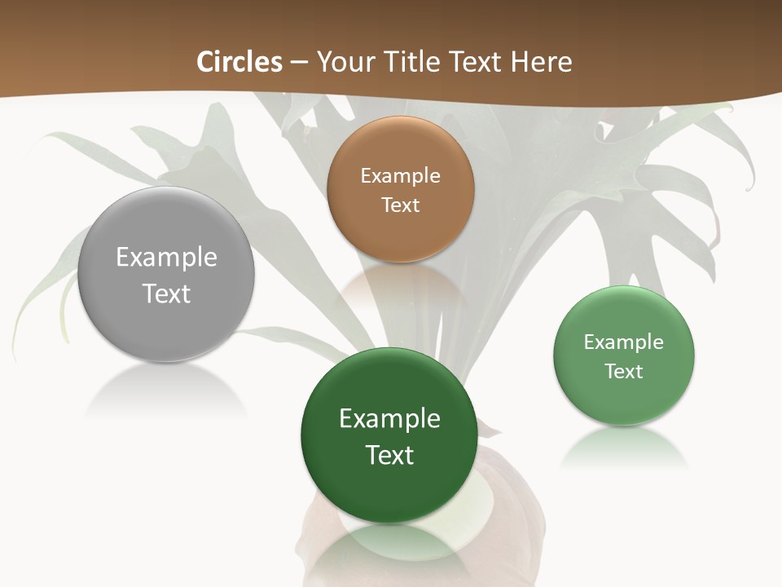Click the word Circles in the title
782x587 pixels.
click(x=239, y=62)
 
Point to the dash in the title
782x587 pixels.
click(x=299, y=63)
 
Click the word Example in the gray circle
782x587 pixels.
click(x=166, y=257)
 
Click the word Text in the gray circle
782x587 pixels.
click(x=166, y=293)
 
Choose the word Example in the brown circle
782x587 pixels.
click(x=400, y=175)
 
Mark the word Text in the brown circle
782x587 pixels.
click(x=400, y=205)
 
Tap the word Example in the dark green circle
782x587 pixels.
click(x=389, y=418)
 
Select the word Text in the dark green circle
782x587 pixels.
click(x=389, y=454)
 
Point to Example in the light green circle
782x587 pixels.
click(x=624, y=342)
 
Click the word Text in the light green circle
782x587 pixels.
click(x=624, y=371)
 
